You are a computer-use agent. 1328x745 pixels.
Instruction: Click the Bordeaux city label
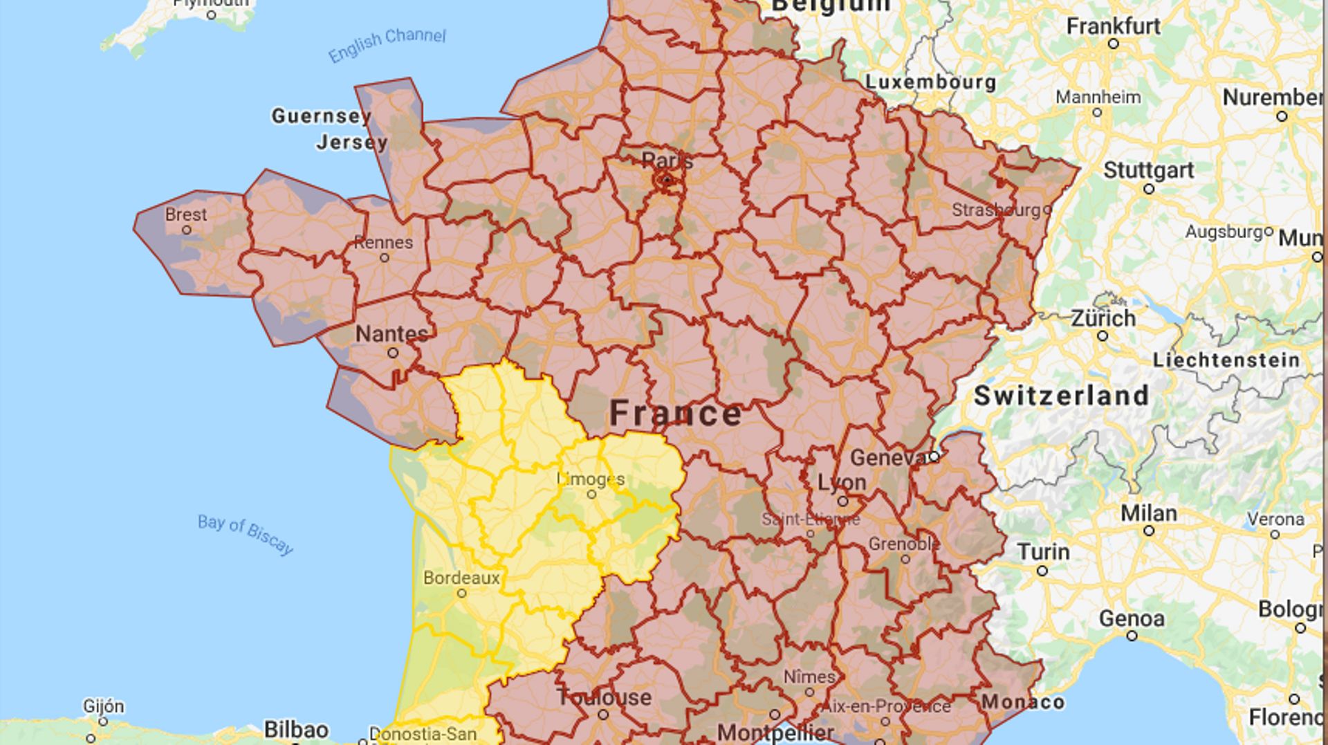(461, 578)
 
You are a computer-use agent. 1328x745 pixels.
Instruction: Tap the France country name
(676, 413)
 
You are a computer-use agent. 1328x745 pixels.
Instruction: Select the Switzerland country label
(1061, 396)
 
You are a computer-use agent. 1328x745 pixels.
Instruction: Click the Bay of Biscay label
(246, 534)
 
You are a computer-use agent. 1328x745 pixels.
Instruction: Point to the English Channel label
(387, 44)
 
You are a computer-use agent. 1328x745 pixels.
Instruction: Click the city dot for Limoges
(591, 494)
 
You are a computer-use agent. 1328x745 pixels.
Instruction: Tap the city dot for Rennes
(385, 257)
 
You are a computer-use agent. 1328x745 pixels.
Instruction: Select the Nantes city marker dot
(393, 353)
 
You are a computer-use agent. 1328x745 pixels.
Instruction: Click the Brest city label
(186, 214)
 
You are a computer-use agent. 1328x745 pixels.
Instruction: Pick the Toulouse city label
(605, 697)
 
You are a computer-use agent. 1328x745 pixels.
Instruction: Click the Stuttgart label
(1148, 170)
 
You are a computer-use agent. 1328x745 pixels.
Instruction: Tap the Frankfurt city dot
(1114, 44)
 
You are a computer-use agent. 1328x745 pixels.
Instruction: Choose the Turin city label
(1043, 552)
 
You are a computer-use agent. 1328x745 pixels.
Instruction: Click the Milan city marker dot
(1149, 531)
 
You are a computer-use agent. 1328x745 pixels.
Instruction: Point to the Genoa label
(1132, 618)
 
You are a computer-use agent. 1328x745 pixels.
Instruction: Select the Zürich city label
(1103, 319)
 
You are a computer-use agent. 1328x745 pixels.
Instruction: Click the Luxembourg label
(931, 82)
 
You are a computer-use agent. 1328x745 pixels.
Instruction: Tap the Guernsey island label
(321, 116)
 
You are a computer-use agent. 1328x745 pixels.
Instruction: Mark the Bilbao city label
(296, 730)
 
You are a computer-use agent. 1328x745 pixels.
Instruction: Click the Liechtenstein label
(1226, 360)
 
